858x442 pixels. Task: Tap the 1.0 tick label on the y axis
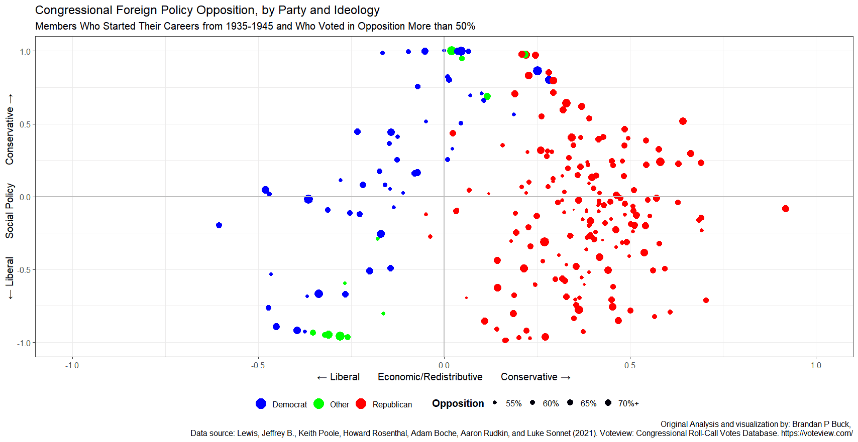(25, 51)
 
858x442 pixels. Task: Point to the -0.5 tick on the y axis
(24, 270)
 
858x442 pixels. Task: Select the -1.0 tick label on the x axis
(72, 365)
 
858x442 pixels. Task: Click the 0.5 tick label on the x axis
(630, 365)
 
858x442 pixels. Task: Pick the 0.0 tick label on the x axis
(444, 365)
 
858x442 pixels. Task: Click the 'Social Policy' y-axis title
(10, 211)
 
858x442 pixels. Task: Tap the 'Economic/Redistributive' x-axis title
(430, 377)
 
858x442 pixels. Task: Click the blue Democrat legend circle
(261, 404)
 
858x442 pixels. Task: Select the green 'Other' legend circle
(318, 404)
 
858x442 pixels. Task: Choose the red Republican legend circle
(361, 404)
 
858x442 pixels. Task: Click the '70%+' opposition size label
(628, 403)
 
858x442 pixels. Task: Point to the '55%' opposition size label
(513, 403)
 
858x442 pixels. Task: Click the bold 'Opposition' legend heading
(458, 403)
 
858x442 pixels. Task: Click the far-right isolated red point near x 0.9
(786, 209)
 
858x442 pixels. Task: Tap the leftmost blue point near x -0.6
(219, 225)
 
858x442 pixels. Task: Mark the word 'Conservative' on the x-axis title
(529, 377)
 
